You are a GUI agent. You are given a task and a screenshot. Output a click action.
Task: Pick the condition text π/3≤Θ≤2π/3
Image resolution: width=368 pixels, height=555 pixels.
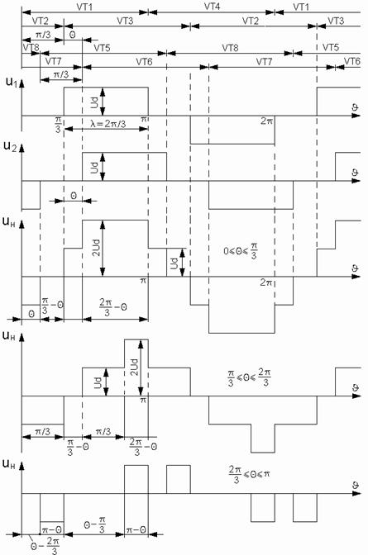coord(249,378)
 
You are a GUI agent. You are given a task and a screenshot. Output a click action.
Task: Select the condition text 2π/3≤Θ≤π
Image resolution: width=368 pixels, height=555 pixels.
coord(249,474)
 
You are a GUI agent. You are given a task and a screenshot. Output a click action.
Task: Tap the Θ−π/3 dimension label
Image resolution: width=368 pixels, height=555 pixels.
coord(95,524)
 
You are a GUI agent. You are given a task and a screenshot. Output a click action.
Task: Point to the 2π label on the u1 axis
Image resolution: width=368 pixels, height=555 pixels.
coord(266,121)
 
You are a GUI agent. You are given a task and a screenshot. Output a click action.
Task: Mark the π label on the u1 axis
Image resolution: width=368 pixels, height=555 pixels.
coord(143,120)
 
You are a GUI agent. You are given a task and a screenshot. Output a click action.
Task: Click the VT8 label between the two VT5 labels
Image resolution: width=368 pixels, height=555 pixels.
coord(230,47)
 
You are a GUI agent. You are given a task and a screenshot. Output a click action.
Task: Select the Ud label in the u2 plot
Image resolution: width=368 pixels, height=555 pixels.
coord(94,167)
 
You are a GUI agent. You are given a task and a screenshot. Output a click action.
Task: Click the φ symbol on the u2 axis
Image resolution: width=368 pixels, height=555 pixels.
coord(355,173)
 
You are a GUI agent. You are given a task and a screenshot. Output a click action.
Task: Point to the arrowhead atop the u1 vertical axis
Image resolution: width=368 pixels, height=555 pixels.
coord(22,83)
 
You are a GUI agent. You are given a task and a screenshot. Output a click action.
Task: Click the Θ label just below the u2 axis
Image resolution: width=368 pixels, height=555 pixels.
coord(73,195)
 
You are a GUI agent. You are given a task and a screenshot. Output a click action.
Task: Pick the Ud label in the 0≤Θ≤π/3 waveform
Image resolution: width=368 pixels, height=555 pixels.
coord(174,263)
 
